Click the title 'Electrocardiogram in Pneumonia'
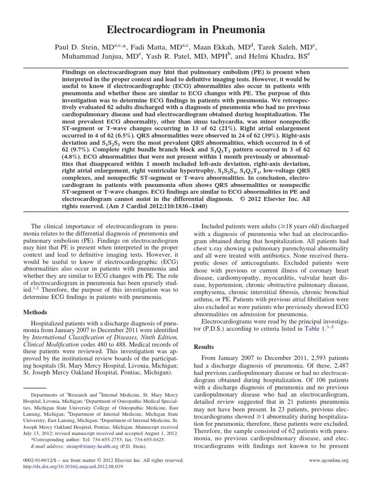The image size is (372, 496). click(186, 30)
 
